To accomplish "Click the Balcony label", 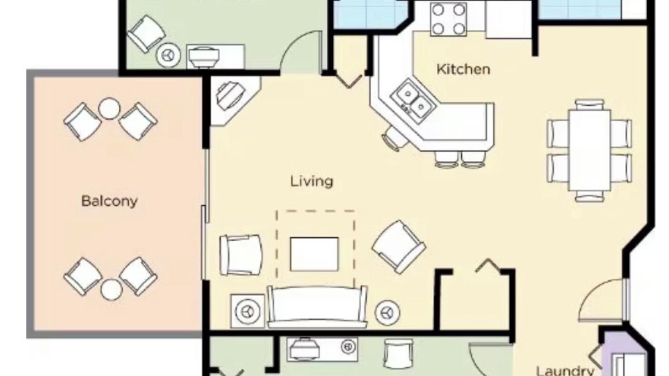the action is [x=109, y=201].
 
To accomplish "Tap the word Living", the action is [x=312, y=181].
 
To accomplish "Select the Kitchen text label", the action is [x=463, y=69].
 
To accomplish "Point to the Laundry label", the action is [x=566, y=371].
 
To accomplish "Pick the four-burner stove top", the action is [x=448, y=19].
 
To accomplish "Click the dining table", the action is [x=590, y=150].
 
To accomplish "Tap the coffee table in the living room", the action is [x=314, y=254].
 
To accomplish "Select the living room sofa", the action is [x=317, y=307].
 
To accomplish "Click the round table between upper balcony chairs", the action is [x=109, y=108].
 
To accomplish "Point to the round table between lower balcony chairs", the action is [x=111, y=289].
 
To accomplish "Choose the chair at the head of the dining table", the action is [x=589, y=105].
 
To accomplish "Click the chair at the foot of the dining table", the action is [x=590, y=196].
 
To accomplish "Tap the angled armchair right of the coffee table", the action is [x=399, y=247].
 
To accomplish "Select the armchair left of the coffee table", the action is [x=241, y=255].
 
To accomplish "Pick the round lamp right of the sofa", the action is [x=387, y=313].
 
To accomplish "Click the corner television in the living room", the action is [x=230, y=96].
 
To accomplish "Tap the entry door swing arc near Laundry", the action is [x=593, y=294].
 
